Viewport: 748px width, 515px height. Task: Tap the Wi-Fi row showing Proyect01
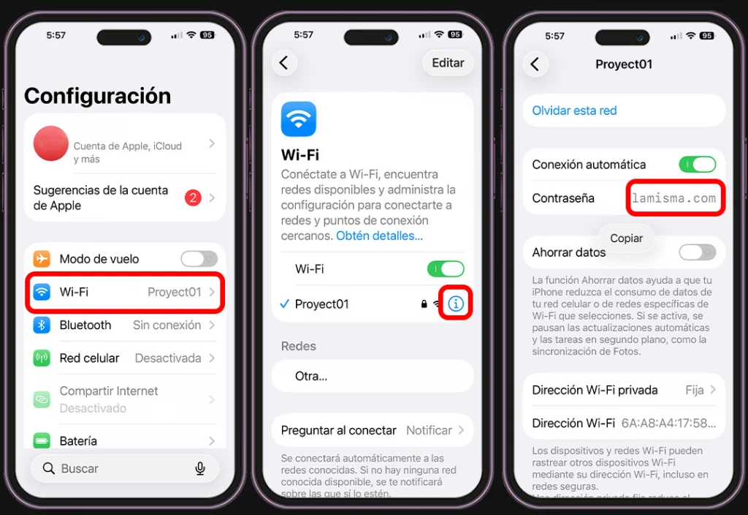tap(124, 292)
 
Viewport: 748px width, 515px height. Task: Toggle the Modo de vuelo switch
tap(199, 259)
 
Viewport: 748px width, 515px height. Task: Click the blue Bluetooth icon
tap(42, 325)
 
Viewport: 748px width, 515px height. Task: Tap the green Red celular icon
tap(42, 358)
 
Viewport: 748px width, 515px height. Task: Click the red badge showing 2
tap(193, 198)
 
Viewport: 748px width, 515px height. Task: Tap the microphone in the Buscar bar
tap(200, 468)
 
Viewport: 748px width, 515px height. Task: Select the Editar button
tap(448, 63)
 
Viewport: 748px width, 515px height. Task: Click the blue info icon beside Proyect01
tap(456, 304)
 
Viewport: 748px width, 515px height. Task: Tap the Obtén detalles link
tap(379, 236)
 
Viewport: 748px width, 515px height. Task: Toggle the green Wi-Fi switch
tap(446, 269)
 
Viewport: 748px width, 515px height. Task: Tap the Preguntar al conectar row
tap(373, 430)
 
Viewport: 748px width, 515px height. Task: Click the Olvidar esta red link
tap(574, 110)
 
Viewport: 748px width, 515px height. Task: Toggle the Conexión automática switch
tap(697, 165)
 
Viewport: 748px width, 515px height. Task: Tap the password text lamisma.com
tap(673, 198)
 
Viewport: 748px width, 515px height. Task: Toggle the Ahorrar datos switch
tap(697, 252)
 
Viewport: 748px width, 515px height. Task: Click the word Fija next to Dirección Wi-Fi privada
tap(695, 390)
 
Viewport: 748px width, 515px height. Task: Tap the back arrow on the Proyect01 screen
tap(535, 64)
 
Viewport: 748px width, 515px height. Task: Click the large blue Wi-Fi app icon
tap(299, 119)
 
